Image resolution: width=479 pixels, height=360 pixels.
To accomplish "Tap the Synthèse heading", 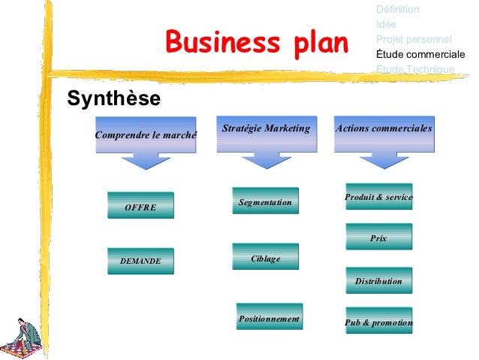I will pyautogui.click(x=113, y=98).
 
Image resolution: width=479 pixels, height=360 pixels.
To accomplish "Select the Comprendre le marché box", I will pyautogui.click(x=146, y=135).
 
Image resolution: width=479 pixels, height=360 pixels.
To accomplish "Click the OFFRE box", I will pyautogui.click(x=140, y=206).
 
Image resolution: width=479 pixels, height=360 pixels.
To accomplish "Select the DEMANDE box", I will pyautogui.click(x=140, y=261).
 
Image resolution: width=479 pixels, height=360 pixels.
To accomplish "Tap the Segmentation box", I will pyautogui.click(x=265, y=201).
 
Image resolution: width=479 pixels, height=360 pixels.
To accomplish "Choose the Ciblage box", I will pyautogui.click(x=265, y=258).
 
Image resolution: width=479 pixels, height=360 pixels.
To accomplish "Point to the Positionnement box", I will pyautogui.click(x=269, y=318).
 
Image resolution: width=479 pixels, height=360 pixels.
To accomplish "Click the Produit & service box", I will pyautogui.click(x=378, y=197).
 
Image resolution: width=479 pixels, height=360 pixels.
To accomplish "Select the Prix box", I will pyautogui.click(x=378, y=237).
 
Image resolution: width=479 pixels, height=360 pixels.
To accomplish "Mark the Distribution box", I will pyautogui.click(x=378, y=280).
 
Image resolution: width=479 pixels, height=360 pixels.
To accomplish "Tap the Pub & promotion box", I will pyautogui.click(x=378, y=322).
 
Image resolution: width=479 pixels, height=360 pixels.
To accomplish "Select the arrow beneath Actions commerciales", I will pyautogui.click(x=383, y=161).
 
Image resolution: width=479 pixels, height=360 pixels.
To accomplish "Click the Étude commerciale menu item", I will pyautogui.click(x=420, y=54).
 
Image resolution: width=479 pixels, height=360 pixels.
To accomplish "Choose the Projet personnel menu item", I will pyautogui.click(x=414, y=39).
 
